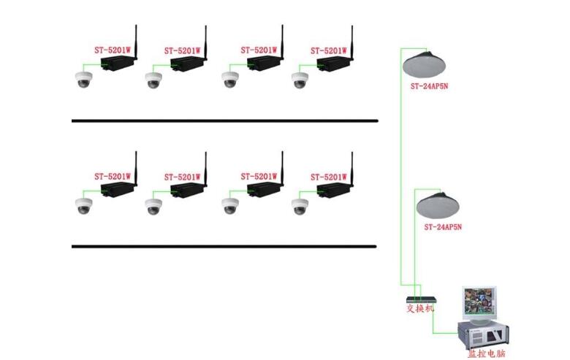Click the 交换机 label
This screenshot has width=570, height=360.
[x=420, y=308]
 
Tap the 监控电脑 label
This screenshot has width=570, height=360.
[x=486, y=353]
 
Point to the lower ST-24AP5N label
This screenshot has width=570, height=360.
[x=443, y=227]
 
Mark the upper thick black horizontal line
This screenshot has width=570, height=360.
[x=224, y=120]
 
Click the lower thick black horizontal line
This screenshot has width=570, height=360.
[x=224, y=246]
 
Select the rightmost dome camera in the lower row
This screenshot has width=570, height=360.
[x=300, y=206]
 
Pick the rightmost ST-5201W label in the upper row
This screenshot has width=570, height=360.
[x=328, y=50]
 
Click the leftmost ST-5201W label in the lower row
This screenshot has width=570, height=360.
[x=112, y=176]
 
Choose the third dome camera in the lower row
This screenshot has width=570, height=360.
[x=231, y=206]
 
